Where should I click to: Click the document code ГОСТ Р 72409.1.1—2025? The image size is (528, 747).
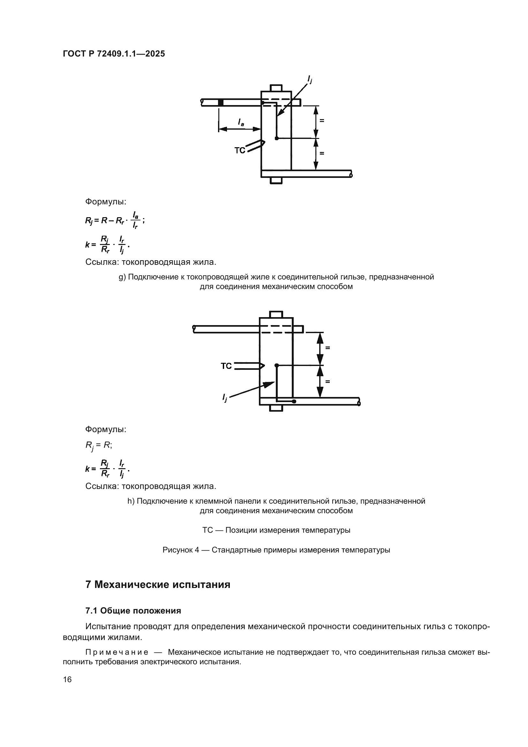(114, 54)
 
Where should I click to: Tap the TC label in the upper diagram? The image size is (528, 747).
(240, 150)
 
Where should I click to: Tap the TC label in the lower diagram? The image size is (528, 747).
(226, 366)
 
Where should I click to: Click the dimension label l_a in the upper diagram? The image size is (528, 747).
(241, 122)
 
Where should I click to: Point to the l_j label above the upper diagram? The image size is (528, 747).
(310, 79)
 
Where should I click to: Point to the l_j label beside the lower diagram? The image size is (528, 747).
(225, 397)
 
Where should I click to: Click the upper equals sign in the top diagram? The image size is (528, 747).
(322, 121)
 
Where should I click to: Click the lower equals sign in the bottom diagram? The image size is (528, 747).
(328, 381)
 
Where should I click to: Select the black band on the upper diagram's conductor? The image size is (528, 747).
(221, 103)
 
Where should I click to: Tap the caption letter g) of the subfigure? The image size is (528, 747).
(122, 277)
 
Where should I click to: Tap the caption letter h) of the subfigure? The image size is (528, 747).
(131, 501)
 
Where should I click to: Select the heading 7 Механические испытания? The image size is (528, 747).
(158, 585)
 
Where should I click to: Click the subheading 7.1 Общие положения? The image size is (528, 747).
(133, 611)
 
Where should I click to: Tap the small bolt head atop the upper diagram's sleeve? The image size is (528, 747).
(276, 88)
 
